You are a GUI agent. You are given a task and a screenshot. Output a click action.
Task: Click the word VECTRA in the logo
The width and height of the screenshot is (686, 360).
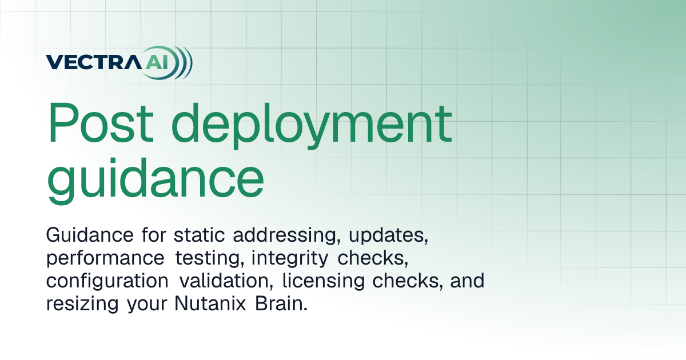coord(94,62)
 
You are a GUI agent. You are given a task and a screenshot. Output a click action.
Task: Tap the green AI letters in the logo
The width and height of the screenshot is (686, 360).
coord(157,62)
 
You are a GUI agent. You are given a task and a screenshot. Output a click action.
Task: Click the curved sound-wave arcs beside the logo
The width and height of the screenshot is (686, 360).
coord(183,62)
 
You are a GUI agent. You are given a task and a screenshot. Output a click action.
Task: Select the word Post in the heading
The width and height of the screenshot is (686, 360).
coord(100,123)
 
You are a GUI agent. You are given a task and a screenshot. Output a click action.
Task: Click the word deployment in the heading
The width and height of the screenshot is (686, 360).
coord(312,126)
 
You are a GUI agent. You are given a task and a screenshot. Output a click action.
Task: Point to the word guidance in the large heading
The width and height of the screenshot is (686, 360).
coord(155,181)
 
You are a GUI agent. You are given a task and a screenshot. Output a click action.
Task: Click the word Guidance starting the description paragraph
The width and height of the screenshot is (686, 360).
coord(90,235)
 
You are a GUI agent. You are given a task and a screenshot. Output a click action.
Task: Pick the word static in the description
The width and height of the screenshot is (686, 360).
coord(199,235)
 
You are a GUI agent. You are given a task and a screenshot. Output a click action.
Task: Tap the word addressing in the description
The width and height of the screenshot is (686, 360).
coord(286,235)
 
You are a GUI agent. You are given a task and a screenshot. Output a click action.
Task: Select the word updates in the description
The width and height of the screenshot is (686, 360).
coord(388,235)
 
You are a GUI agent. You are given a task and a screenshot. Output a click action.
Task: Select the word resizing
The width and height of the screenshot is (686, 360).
coord(82,305)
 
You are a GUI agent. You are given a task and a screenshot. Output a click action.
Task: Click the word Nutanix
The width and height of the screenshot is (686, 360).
coord(210,303)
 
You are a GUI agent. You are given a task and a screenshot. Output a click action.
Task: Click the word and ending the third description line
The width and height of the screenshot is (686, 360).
coord(467,281)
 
